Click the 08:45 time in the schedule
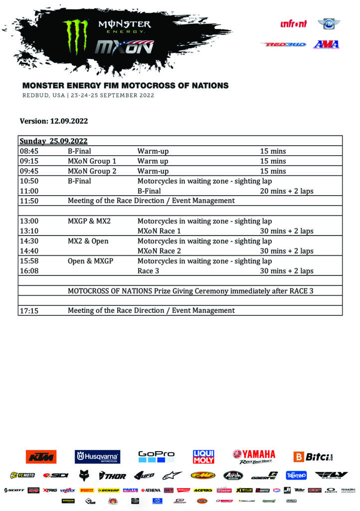[x=29, y=151]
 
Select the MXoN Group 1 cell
[x=92, y=161]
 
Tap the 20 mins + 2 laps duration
[x=286, y=191]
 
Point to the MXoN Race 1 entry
[x=159, y=231]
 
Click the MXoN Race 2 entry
[x=159, y=251]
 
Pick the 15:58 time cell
[x=29, y=261]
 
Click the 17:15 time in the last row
[x=29, y=310]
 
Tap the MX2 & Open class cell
[x=88, y=241]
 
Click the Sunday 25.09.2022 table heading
[x=53, y=141]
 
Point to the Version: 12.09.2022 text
[x=54, y=121]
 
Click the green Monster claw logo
[x=76, y=37]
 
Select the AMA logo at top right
[x=326, y=44]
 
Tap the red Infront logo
[x=294, y=23]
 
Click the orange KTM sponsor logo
[x=41, y=457]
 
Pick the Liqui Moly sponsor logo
[x=203, y=457]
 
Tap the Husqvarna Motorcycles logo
[x=97, y=457]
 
